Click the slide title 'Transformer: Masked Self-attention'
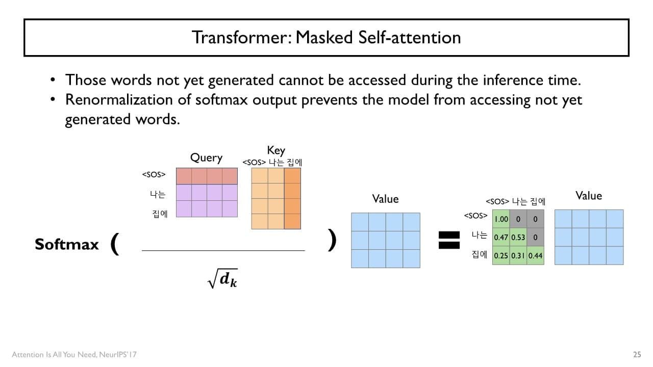(326, 37)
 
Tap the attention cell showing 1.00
(501, 219)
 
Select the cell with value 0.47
(501, 238)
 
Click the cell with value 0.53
(518, 238)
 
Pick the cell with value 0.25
(501, 255)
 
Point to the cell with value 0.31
(518, 255)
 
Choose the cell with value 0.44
(535, 255)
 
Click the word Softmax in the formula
(67, 245)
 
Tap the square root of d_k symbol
(223, 279)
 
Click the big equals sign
(449, 240)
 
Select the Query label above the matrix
(206, 158)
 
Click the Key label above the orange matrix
(276, 150)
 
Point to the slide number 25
(637, 354)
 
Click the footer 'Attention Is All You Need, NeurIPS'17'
(74, 354)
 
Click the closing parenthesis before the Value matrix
(332, 240)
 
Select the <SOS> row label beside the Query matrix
(154, 175)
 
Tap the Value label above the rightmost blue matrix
(589, 196)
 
